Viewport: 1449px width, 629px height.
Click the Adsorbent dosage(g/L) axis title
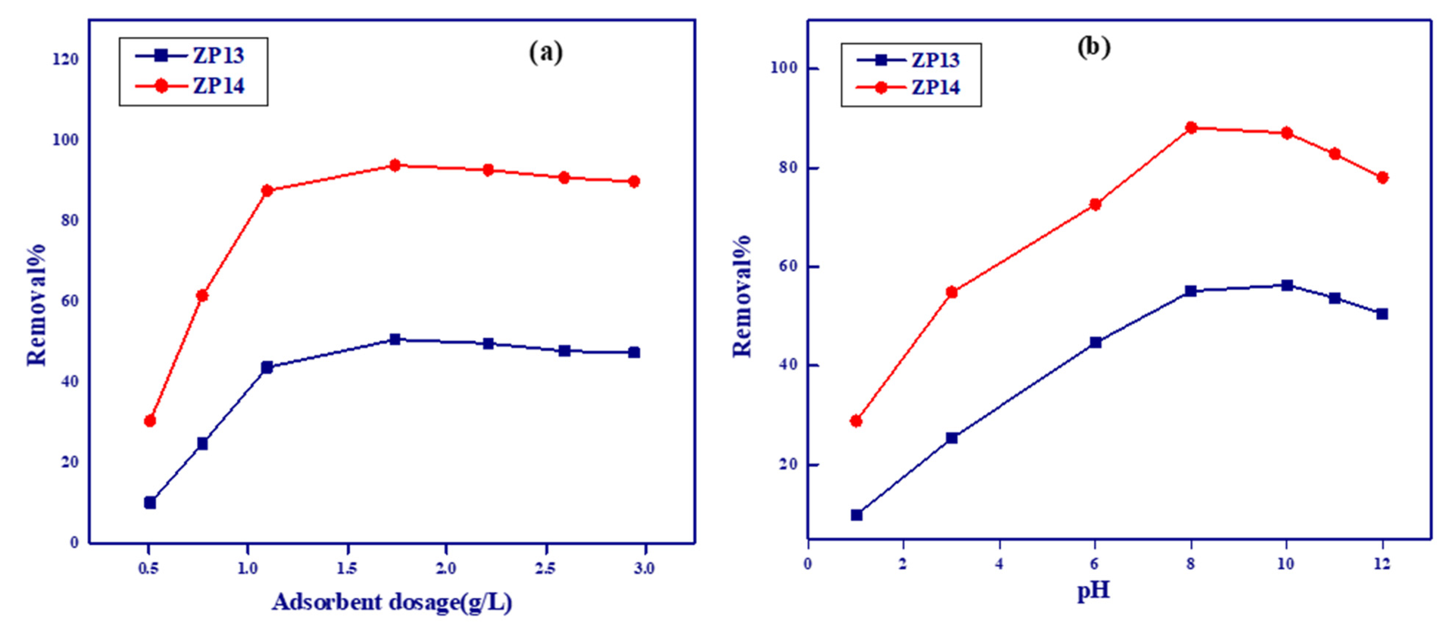(392, 602)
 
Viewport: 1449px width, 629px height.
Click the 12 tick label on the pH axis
(1382, 564)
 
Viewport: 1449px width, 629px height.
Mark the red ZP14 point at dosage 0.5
(149, 421)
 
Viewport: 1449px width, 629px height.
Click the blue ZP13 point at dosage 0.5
(149, 502)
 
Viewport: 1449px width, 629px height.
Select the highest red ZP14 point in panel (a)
(395, 165)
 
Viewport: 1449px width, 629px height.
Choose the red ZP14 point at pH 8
(1191, 128)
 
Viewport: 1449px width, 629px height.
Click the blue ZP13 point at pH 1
(856, 515)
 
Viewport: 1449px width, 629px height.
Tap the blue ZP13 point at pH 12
(1382, 314)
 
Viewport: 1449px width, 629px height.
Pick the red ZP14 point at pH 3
(952, 292)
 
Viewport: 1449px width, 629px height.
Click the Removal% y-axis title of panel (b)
(742, 295)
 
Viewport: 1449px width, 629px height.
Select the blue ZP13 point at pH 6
(1095, 342)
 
